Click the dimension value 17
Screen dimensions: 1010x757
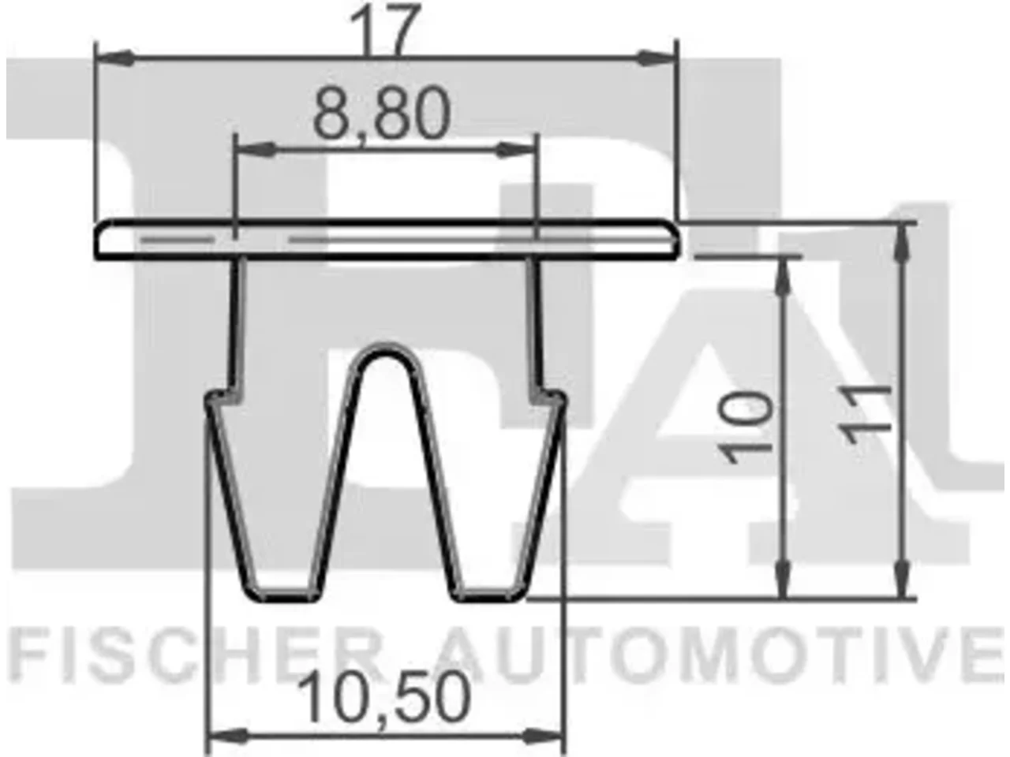(385, 29)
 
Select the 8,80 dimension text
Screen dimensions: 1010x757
(381, 114)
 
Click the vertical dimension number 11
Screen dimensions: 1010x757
(864, 413)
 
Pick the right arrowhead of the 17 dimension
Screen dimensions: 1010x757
(656, 58)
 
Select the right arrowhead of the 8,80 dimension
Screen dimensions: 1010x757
(517, 149)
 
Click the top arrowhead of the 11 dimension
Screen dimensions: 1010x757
(903, 244)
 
